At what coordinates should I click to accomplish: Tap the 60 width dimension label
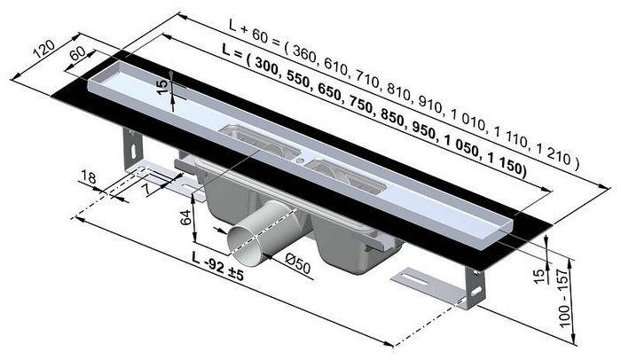pos(77,53)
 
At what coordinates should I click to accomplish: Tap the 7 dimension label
pos(144,186)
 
